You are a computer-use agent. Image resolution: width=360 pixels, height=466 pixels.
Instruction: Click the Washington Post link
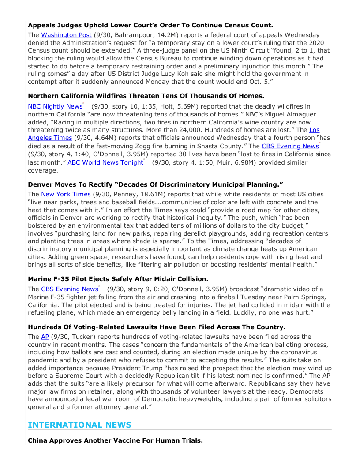tap(66, 34)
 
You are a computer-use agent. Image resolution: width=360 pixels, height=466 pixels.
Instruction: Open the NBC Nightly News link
tap(55, 106)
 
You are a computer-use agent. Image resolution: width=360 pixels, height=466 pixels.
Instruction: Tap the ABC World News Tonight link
tap(105, 162)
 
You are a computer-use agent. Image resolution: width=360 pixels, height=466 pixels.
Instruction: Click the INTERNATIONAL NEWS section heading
tap(79, 425)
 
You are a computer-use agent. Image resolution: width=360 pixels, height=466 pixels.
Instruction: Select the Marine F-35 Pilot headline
tap(118, 279)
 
